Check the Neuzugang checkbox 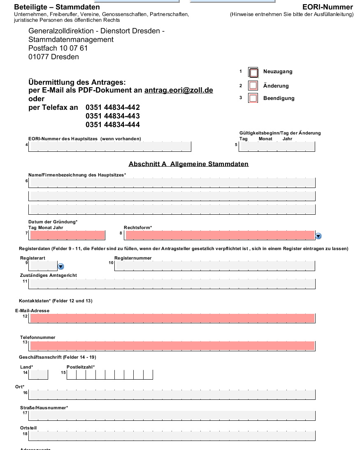253,73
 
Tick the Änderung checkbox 253,86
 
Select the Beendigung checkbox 253,98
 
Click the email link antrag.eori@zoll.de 179,90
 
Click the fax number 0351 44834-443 112,116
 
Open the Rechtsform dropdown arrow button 318,236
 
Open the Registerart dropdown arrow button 61,267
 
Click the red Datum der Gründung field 67,235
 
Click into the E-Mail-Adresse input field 172,318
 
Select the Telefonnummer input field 172,346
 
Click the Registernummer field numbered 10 215,265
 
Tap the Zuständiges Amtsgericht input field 172,284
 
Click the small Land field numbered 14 39,375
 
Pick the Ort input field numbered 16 172,394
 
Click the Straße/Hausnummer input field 172,415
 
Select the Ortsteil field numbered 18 172,435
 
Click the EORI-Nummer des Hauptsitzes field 110,146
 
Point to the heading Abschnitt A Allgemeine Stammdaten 188,164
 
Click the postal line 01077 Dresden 53,57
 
